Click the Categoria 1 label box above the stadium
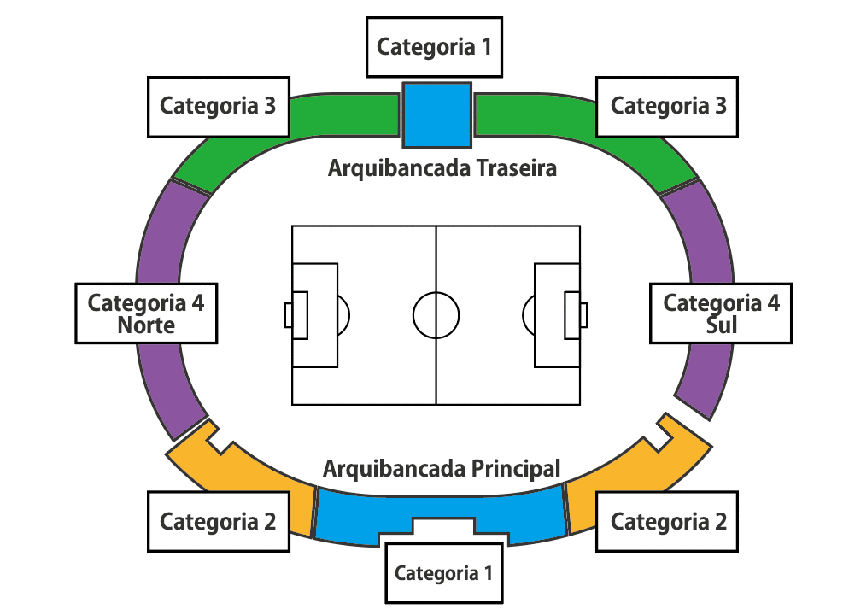pos(435,46)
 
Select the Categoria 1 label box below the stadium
pos(443,572)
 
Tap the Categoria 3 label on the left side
pos(218,106)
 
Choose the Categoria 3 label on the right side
pos(668,106)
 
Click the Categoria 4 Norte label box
pos(146,313)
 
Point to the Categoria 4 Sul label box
pos(721,313)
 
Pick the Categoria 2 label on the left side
pos(218,521)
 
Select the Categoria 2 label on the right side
pos(668,521)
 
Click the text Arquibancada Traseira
pos(442,167)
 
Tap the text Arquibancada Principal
pos(442,468)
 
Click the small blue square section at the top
pos(436,114)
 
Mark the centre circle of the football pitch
pos(436,314)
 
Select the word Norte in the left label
pos(146,325)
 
